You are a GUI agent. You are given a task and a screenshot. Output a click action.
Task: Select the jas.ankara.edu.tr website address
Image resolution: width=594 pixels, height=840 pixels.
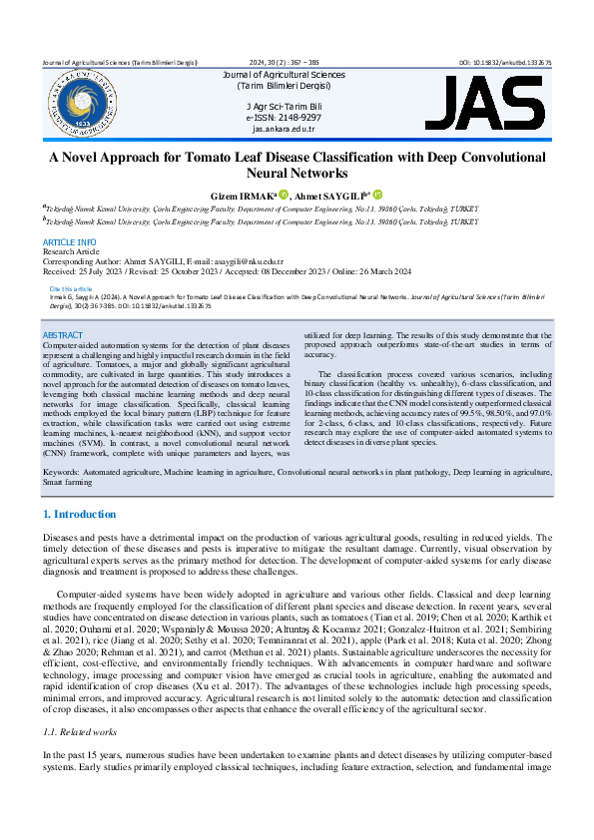[x=284, y=129]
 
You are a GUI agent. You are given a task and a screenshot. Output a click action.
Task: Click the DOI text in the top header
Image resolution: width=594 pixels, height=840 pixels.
[x=505, y=62]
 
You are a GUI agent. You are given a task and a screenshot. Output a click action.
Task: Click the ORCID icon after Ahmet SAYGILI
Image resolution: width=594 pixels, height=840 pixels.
[x=378, y=195]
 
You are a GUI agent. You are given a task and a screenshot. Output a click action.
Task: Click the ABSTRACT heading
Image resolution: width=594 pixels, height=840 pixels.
[x=63, y=335]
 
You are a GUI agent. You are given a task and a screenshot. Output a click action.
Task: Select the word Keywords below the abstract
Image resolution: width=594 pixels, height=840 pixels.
[x=62, y=469]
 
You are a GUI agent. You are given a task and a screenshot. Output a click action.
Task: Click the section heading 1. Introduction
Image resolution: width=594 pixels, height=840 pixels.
[x=79, y=515]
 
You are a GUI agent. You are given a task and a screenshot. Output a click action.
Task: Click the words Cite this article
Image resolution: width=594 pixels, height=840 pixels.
[x=70, y=288]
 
